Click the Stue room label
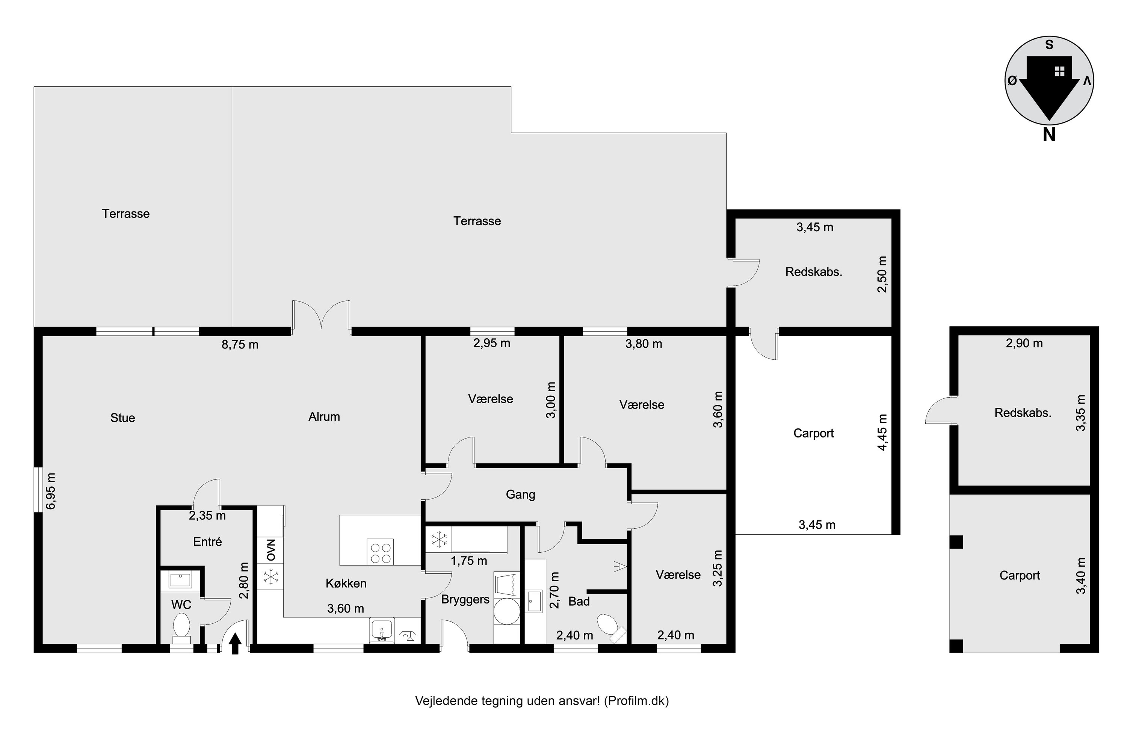click(123, 418)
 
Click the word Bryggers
click(465, 600)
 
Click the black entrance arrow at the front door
click(235, 643)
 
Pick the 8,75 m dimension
click(240, 345)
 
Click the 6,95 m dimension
click(51, 492)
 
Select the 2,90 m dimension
click(1024, 344)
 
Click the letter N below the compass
click(1049, 135)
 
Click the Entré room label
click(207, 542)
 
